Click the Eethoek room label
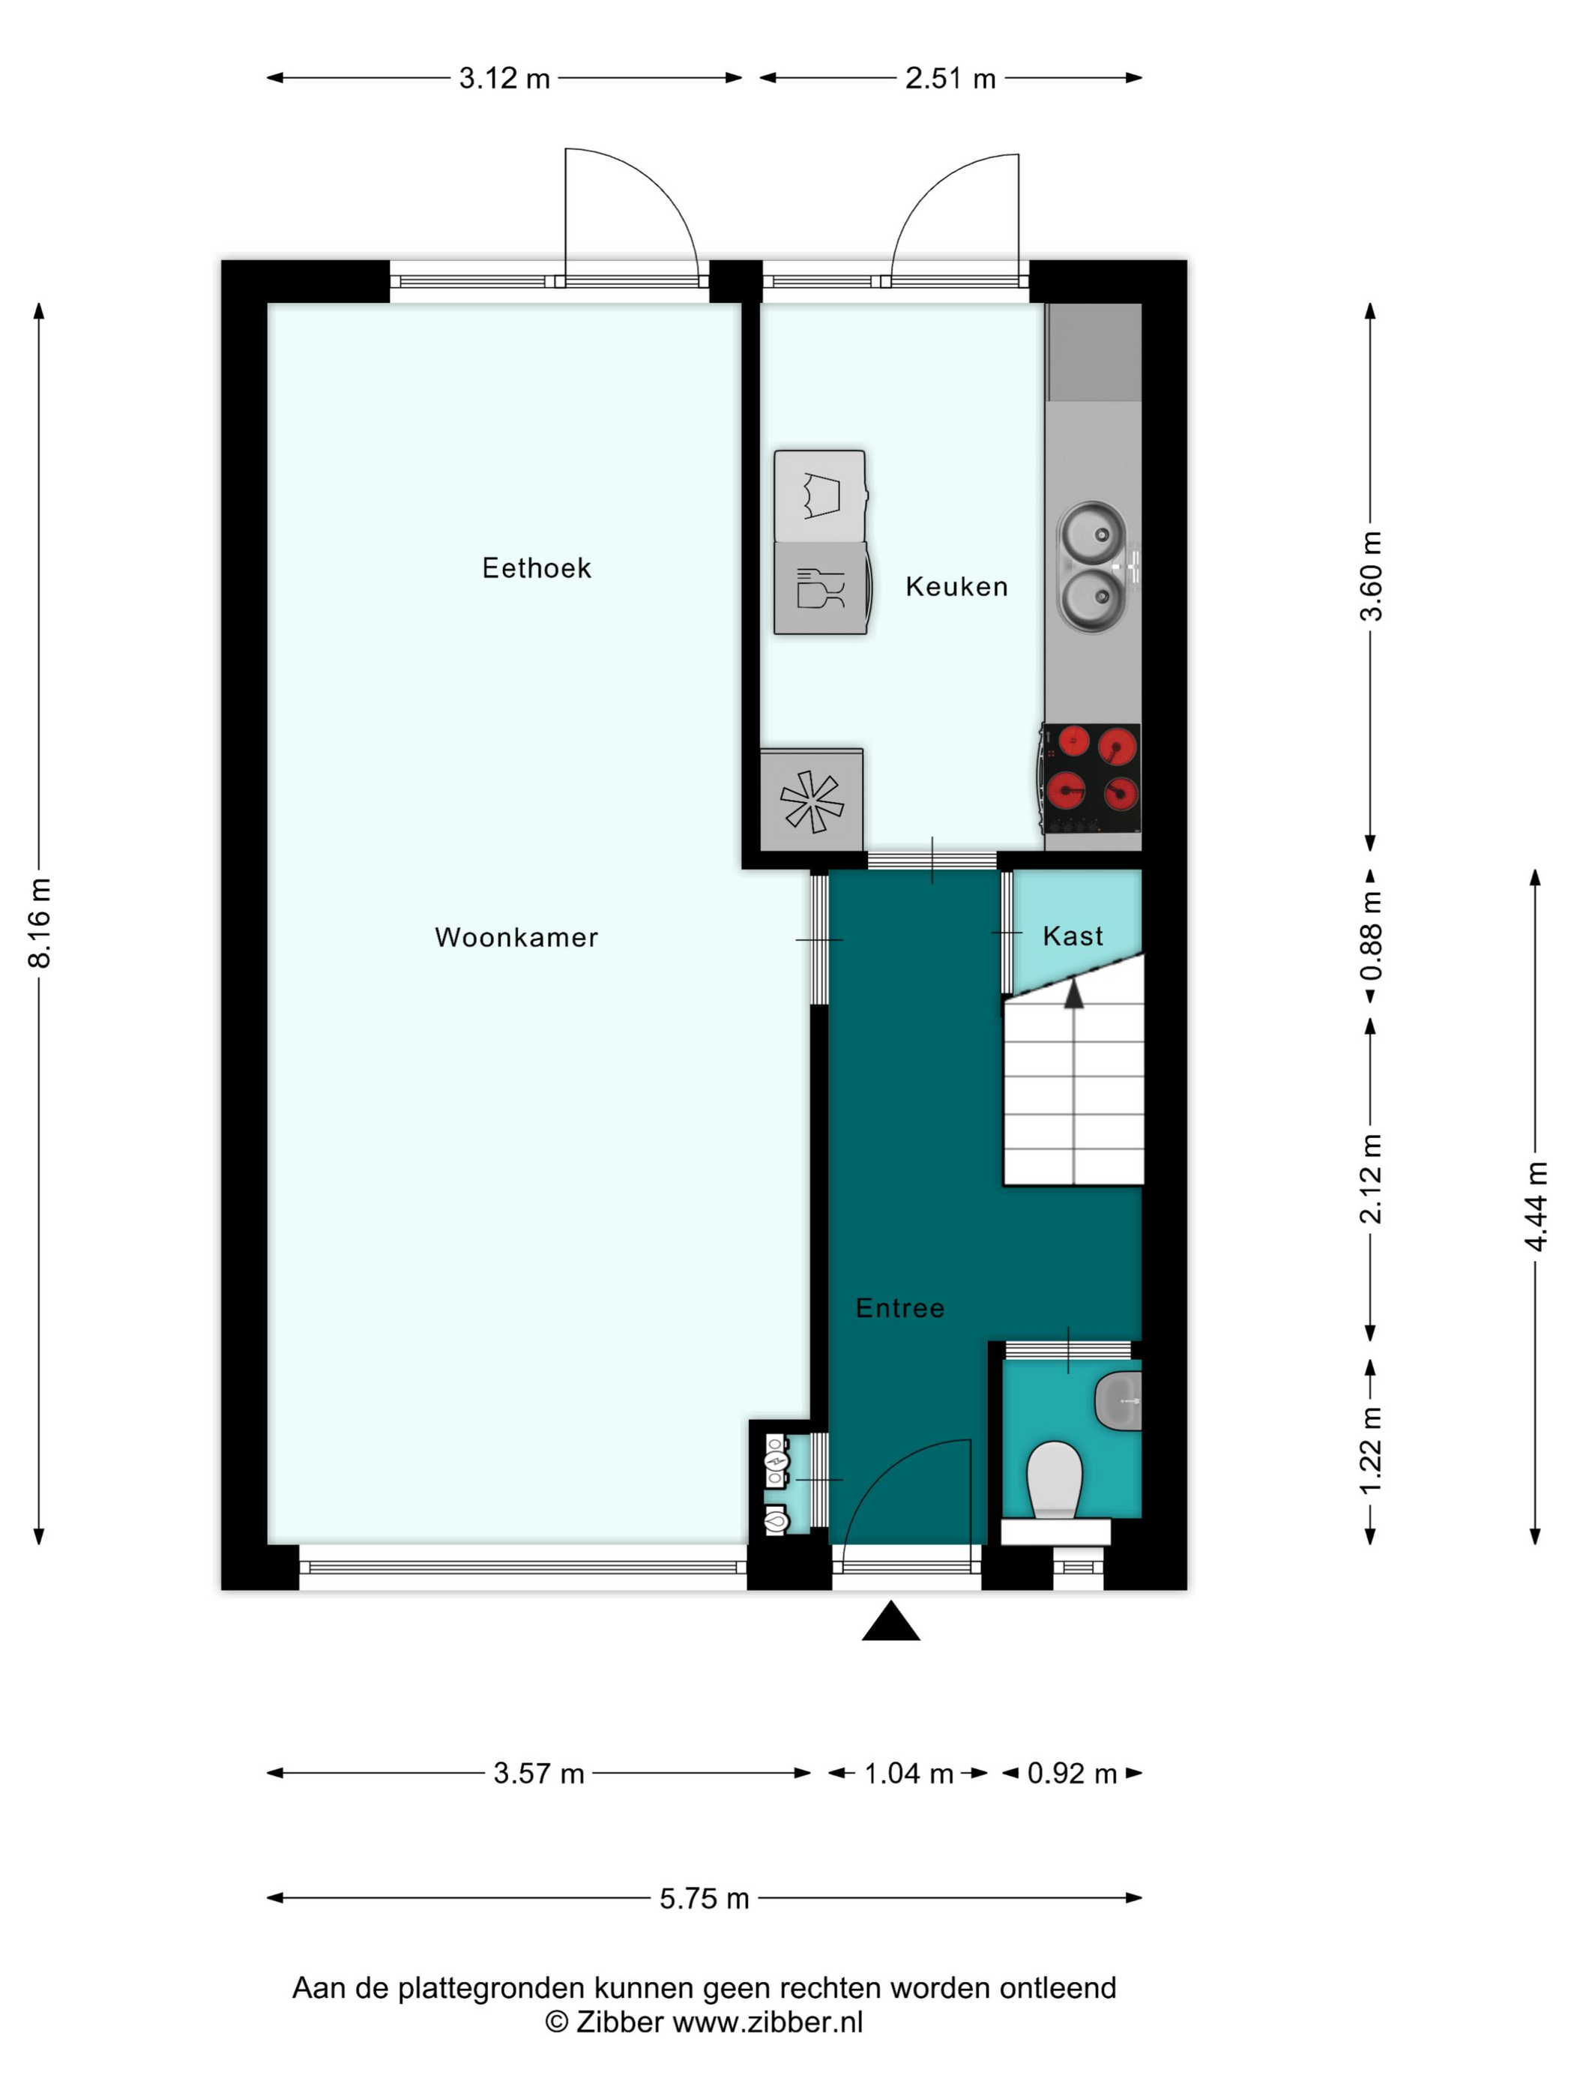point(536,568)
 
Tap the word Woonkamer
point(516,938)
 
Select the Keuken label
point(956,586)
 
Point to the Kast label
point(1073,936)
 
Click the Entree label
point(899,1307)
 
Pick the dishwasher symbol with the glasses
point(820,588)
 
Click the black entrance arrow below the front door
point(890,1621)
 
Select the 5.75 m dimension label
point(704,1898)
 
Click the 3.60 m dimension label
point(1372,576)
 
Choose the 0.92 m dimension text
point(1072,1773)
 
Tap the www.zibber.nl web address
point(768,2022)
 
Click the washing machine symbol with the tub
point(820,496)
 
